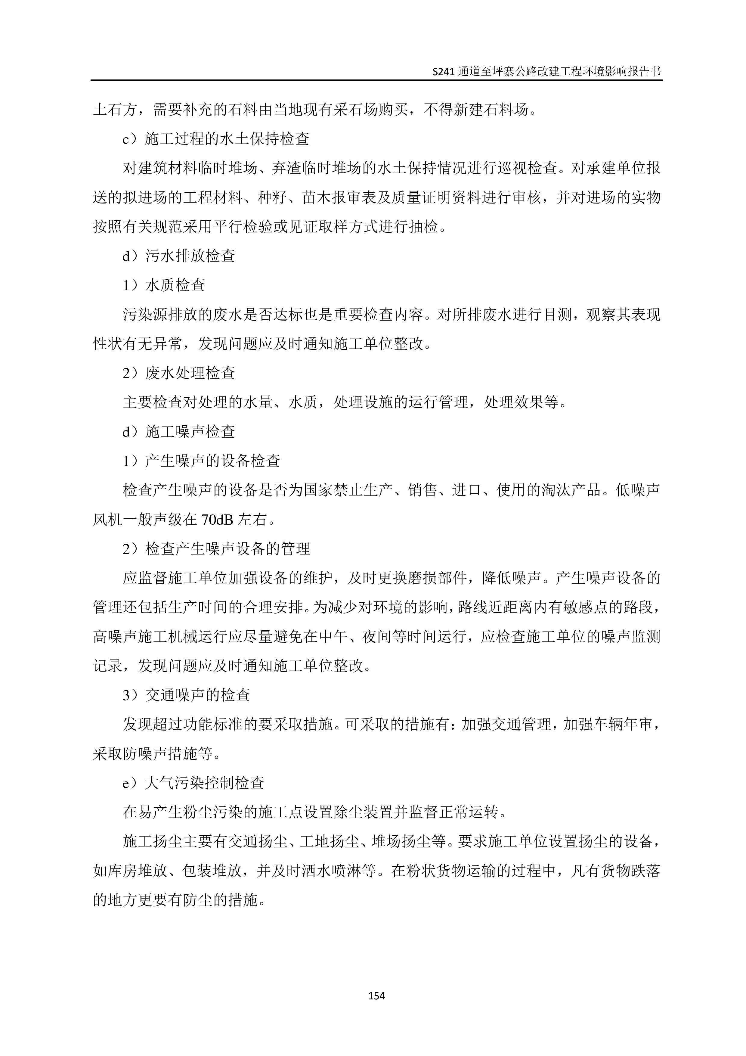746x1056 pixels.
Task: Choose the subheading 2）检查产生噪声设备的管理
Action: point(216,549)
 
